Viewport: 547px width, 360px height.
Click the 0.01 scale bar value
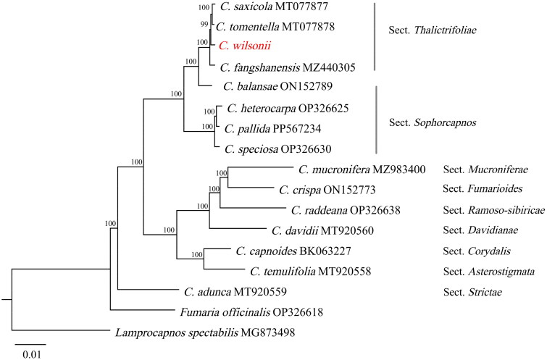tap(30, 353)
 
